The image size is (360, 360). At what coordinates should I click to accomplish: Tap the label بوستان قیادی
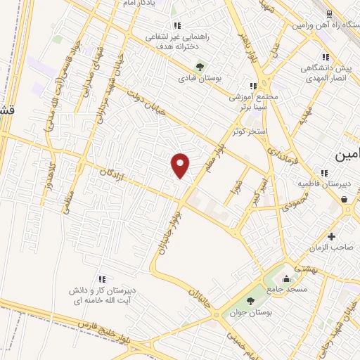200,79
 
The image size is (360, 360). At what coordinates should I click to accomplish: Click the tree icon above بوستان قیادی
200,68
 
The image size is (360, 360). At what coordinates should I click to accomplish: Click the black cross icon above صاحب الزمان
331,236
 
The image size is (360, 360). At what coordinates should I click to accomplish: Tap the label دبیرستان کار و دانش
103,290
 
